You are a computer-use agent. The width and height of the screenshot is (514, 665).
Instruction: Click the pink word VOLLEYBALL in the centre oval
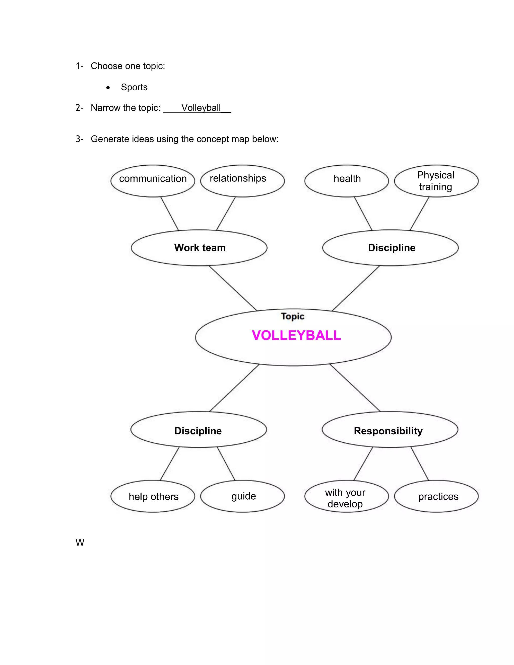point(296,335)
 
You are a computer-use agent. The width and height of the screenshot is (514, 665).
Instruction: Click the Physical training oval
point(436,181)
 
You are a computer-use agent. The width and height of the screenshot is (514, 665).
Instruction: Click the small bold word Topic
point(293,316)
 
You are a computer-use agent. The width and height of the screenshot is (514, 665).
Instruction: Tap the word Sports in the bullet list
point(134,87)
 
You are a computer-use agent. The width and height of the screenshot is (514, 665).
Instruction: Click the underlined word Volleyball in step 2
point(201,108)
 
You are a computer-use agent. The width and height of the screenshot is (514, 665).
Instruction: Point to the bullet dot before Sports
point(108,88)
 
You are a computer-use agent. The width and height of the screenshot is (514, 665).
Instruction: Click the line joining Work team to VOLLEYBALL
point(233,288)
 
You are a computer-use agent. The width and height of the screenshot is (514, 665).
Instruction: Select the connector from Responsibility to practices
point(420,464)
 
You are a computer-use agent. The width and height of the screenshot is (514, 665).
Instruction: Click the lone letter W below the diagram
point(80,543)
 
